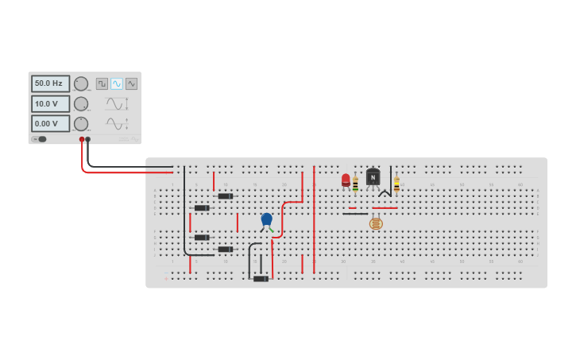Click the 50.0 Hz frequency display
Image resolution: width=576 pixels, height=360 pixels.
click(50, 83)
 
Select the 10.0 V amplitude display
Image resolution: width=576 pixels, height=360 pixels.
click(50, 103)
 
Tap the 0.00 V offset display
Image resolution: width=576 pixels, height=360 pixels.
click(50, 123)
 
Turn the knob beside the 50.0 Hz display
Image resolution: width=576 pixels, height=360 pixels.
click(81, 83)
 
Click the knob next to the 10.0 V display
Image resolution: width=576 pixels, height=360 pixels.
click(81, 103)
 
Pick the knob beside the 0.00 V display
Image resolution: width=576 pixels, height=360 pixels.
click(81, 123)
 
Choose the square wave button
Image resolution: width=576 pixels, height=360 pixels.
click(102, 83)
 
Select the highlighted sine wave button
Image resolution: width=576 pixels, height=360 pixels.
click(117, 83)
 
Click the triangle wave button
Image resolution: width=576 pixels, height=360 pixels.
click(131, 83)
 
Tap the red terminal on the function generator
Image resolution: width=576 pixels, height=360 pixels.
click(82, 140)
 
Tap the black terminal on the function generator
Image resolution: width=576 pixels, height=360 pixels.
click(88, 140)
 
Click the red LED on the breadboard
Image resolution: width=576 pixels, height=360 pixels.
click(346, 180)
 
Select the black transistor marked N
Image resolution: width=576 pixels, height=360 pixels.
click(373, 177)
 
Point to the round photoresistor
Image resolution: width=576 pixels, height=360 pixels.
click(376, 224)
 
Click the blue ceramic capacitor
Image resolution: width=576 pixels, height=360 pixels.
click(267, 219)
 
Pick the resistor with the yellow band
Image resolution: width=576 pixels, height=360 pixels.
click(396, 184)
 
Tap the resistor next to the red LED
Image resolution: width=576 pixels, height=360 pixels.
click(355, 184)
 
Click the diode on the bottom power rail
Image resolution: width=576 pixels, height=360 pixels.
click(261, 278)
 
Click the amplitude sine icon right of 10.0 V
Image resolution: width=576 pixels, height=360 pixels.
click(116, 103)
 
